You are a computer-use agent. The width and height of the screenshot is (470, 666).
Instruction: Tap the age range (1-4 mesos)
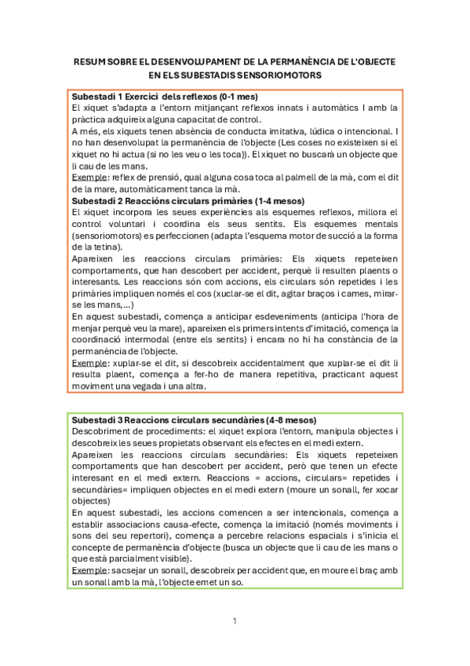coord(276,201)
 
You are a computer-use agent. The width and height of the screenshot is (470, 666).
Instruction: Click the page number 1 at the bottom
coord(235,622)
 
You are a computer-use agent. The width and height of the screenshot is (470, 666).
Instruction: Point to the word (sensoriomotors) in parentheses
coord(108,235)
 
